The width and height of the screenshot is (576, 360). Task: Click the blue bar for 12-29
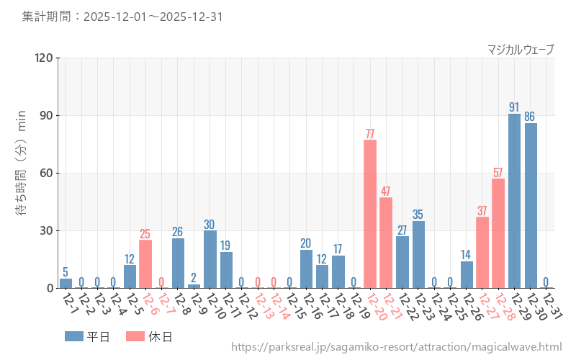[x=514, y=201]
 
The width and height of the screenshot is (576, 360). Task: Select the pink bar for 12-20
[x=370, y=214]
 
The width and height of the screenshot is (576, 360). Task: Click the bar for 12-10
[x=210, y=259]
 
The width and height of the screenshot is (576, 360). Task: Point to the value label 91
[x=514, y=107]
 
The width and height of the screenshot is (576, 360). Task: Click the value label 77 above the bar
[x=370, y=133]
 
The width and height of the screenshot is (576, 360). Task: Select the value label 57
[x=498, y=172]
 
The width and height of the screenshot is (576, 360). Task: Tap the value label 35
[x=418, y=215]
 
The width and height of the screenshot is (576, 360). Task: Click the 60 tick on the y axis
[x=46, y=174]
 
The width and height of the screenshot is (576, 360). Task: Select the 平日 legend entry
[x=87, y=336]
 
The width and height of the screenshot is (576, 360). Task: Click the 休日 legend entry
[x=149, y=336]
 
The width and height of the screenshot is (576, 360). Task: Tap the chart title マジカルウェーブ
[x=521, y=50]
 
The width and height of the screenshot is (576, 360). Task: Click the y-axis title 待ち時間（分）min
[x=22, y=163]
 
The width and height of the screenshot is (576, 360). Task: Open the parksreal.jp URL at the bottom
[x=396, y=347]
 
